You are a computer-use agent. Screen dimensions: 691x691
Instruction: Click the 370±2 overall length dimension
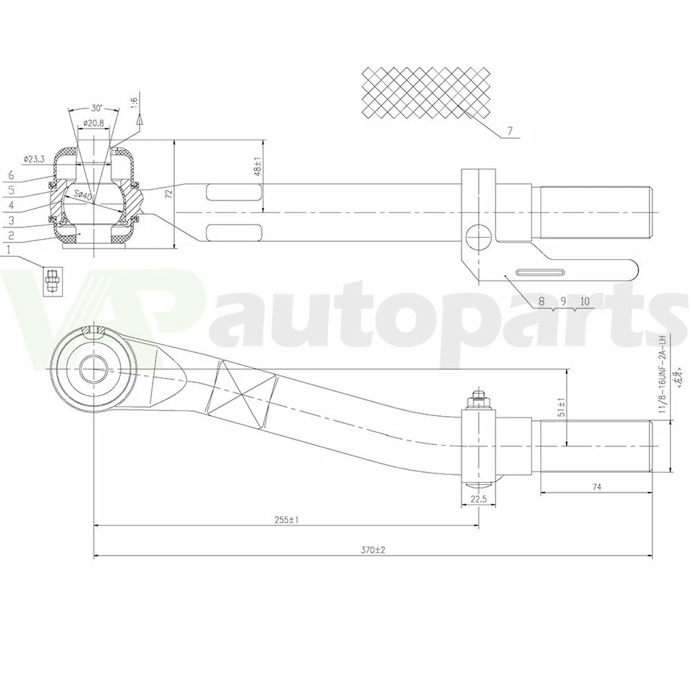(374, 550)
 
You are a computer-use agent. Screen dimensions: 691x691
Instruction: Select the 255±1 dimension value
(286, 519)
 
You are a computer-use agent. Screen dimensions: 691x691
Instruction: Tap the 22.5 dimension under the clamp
(478, 499)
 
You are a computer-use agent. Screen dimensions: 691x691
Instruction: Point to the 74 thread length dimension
(596, 487)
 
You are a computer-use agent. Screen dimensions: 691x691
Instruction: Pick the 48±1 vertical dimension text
(258, 166)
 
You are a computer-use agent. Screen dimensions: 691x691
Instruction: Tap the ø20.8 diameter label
(94, 123)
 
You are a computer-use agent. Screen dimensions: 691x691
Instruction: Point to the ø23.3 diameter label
(35, 158)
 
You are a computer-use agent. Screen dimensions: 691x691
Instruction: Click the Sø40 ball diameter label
(82, 195)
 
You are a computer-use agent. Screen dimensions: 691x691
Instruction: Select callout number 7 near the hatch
(510, 132)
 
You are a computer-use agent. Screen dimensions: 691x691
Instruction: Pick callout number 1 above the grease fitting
(8, 250)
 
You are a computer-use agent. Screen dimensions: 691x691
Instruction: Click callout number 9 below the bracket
(564, 302)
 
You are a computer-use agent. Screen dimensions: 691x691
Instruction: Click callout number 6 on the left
(11, 176)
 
